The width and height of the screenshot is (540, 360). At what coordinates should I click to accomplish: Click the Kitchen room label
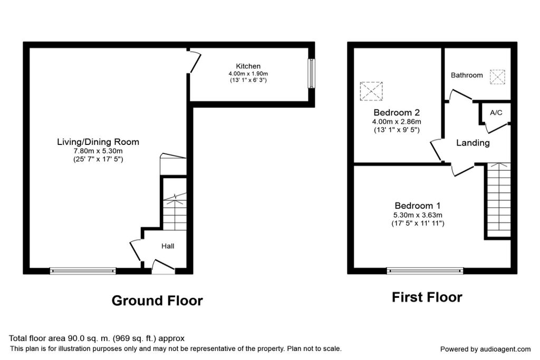coord(248,66)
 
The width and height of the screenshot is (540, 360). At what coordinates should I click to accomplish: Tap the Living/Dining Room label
coord(98,142)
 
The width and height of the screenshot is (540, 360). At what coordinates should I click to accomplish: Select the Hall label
coord(168,246)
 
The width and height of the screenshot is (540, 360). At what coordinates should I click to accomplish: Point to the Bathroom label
coord(467,75)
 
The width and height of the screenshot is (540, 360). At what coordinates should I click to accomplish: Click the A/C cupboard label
coord(496,113)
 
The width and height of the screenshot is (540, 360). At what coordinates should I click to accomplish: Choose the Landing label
coord(472,143)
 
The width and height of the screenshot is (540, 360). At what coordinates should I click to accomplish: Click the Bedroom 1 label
coord(418,206)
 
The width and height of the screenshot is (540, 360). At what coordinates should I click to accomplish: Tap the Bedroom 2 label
coord(397,112)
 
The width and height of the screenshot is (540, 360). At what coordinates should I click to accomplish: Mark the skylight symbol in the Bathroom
coord(497,76)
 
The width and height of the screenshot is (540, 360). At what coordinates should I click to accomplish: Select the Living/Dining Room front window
coord(82,271)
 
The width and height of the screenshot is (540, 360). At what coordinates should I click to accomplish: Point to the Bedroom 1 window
coord(425,271)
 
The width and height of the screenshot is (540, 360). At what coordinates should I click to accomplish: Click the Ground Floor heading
coord(157,301)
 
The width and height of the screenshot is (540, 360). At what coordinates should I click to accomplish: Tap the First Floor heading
coord(427,297)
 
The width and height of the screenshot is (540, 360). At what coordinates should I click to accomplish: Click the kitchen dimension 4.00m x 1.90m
coord(248,74)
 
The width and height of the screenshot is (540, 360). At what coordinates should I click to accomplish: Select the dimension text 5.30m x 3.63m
coord(418,215)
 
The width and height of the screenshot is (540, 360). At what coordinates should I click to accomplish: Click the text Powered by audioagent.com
coord(485,349)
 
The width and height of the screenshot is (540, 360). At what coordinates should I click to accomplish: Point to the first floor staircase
coord(498,200)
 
